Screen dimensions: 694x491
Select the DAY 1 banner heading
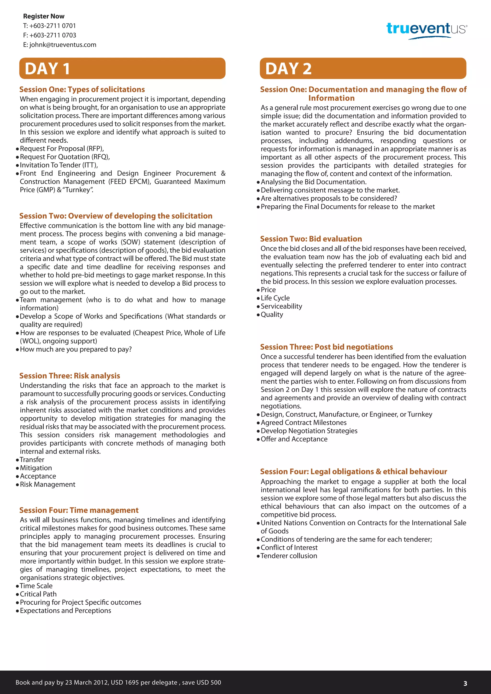tap(47, 69)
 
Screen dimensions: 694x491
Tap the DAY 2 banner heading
tap(288, 69)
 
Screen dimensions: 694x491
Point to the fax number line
tap(50, 35)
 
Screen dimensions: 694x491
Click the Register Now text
tap(44, 16)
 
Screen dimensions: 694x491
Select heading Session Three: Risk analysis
tap(70, 376)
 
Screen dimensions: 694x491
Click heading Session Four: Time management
tap(79, 510)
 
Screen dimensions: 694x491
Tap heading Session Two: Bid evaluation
tap(311, 239)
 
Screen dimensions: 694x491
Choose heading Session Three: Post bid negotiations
tap(327, 347)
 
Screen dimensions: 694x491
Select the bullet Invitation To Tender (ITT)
tap(59, 165)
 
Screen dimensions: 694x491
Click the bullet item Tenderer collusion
tap(289, 556)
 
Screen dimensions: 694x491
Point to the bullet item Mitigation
tap(36, 468)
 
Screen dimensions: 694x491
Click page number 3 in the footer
tap(465, 683)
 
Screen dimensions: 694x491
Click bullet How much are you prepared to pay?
tap(76, 349)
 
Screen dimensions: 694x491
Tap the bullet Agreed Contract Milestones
tap(304, 422)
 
